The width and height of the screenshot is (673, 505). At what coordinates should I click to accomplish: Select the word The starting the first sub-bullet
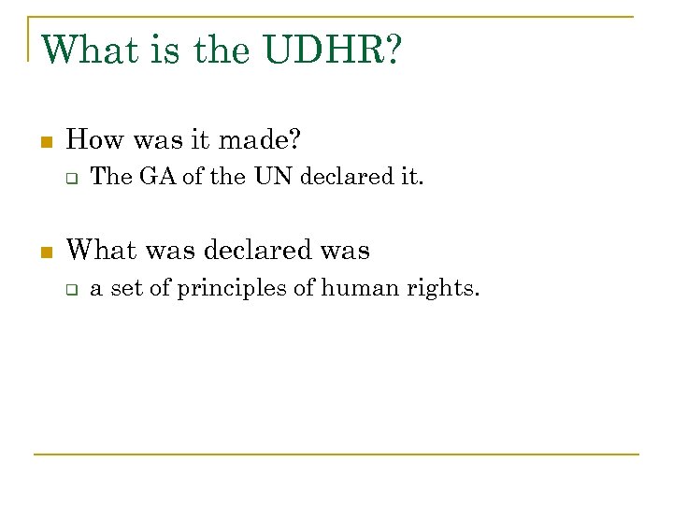click(x=111, y=177)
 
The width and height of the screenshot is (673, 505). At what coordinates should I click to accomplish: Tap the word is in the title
click(x=168, y=50)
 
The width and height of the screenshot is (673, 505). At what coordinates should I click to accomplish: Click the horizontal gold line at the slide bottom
click(x=336, y=454)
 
